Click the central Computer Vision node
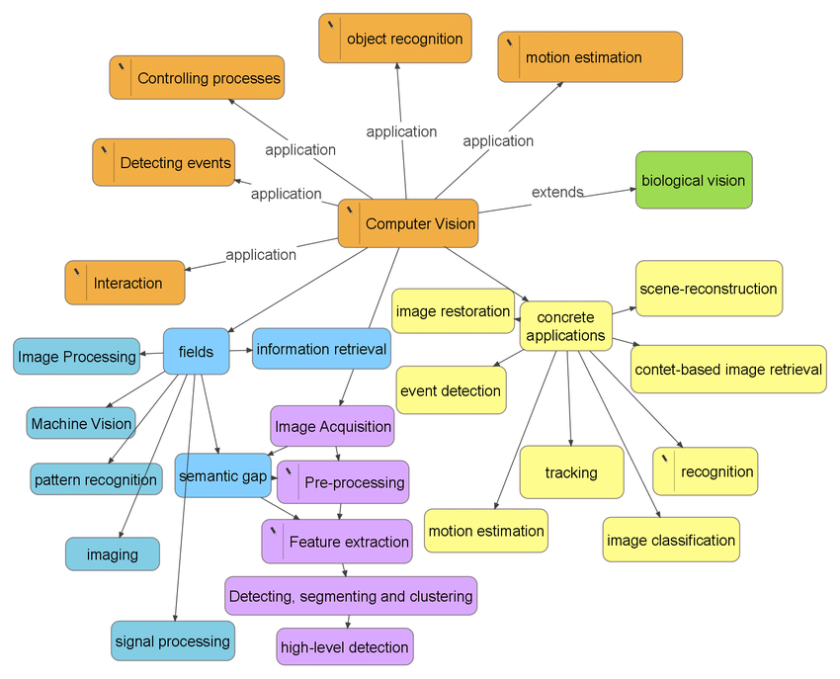(x=408, y=223)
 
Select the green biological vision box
(x=694, y=180)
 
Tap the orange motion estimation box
(x=590, y=56)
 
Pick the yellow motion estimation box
(x=486, y=531)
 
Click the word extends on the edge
(x=557, y=192)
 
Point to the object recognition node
(x=395, y=38)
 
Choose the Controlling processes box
(x=197, y=78)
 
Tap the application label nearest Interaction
(x=261, y=255)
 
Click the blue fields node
(x=196, y=352)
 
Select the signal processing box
(x=173, y=641)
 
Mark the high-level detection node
(x=345, y=646)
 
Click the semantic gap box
(x=223, y=475)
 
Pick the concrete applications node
(x=565, y=326)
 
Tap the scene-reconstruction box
(x=709, y=289)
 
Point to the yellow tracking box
(x=571, y=472)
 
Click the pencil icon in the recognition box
(x=665, y=459)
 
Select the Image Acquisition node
(x=332, y=426)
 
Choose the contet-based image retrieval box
(x=728, y=370)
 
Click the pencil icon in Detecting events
(x=105, y=150)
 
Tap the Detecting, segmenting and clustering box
(x=351, y=596)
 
